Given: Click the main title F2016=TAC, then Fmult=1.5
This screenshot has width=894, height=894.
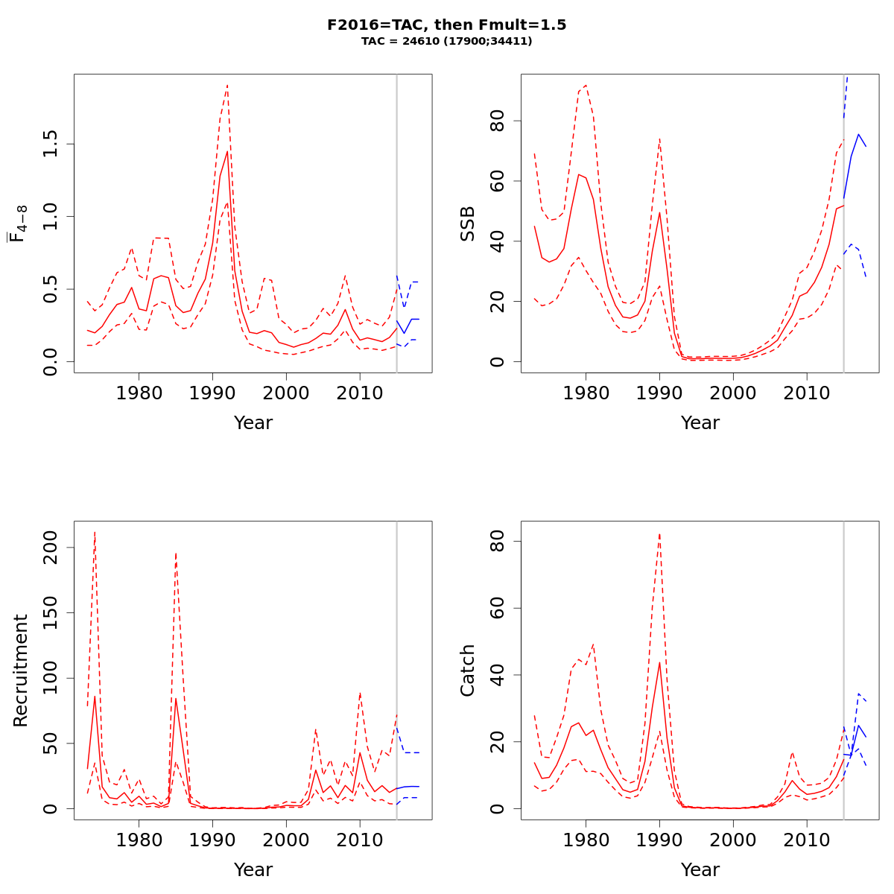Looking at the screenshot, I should click(x=446, y=25).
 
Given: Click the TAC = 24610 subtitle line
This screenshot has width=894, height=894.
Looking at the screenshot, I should click(x=446, y=42).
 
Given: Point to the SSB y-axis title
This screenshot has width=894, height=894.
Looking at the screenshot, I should click(x=468, y=223).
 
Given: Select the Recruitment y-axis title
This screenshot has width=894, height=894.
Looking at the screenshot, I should click(x=21, y=670).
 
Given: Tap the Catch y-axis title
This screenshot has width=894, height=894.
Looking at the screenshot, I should click(x=468, y=670).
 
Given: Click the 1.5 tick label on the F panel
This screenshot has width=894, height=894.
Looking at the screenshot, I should click(x=51, y=144).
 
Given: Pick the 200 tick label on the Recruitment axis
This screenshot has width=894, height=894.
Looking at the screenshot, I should click(x=51, y=548).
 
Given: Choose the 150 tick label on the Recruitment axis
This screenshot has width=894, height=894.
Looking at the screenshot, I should click(x=51, y=612).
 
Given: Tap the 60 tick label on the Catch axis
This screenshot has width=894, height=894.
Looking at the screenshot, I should click(x=498, y=608).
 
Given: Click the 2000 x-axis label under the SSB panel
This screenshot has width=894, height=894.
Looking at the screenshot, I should click(x=733, y=393).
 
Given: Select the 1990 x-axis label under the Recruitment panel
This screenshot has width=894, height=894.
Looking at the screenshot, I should click(x=212, y=840).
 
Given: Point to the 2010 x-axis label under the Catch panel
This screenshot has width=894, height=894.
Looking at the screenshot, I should click(x=807, y=840).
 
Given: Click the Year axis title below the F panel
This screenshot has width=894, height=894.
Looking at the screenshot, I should click(x=253, y=423).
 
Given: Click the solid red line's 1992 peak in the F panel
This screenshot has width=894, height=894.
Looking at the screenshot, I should click(x=227, y=152).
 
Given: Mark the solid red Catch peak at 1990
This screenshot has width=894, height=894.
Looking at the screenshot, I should click(x=659, y=662).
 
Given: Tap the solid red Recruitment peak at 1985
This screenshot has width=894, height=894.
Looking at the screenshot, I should click(x=176, y=699).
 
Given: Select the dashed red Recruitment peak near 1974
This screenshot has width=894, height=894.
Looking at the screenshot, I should click(x=95, y=532).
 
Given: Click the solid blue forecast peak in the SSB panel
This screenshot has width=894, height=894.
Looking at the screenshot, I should click(x=858, y=135).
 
